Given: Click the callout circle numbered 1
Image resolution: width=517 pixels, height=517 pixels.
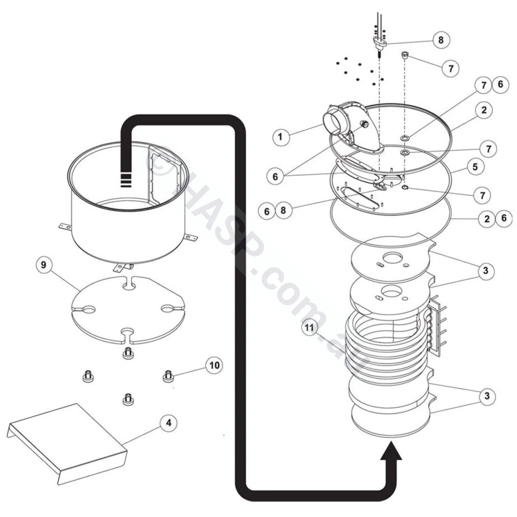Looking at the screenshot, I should click(280, 137).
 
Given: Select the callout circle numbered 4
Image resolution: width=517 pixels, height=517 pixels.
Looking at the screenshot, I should click(169, 423).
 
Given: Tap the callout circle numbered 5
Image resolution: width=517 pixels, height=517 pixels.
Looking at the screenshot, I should click(475, 167).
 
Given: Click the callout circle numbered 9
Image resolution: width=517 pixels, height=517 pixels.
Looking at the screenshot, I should click(44, 265).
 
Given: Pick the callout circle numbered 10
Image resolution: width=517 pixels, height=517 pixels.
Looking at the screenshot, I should click(214, 365).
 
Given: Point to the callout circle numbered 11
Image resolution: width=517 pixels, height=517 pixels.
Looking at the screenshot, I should click(309, 328).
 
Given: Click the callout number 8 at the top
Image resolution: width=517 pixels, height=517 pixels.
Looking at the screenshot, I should click(441, 40).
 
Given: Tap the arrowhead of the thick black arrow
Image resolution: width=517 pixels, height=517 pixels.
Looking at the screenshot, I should click(391, 451).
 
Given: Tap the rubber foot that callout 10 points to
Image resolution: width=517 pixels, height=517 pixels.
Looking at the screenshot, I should click(167, 376).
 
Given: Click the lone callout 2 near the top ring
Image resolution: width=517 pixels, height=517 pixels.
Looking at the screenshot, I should click(484, 110).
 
